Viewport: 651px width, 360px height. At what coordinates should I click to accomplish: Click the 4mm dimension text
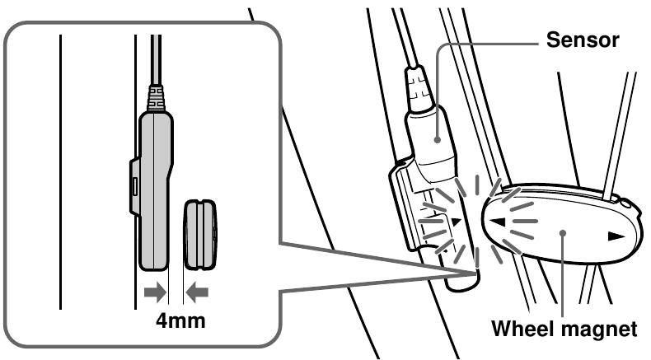[182, 319]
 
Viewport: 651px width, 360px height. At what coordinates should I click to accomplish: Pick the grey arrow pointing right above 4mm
[154, 291]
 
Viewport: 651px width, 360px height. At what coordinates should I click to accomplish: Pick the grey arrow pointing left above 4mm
[199, 291]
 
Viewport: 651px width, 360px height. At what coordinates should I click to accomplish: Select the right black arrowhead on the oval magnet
[615, 236]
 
